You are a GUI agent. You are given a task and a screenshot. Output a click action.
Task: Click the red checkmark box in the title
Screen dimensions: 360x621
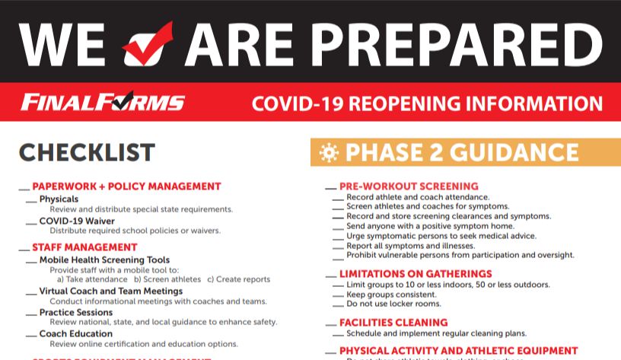148,43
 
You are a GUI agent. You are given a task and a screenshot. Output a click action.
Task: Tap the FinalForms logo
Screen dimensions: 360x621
103,103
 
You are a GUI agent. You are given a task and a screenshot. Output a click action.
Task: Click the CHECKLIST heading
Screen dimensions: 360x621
87,152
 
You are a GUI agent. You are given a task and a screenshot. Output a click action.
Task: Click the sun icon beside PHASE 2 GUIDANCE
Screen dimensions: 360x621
328,153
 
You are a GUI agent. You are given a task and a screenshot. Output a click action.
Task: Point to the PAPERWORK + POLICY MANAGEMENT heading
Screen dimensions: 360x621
126,186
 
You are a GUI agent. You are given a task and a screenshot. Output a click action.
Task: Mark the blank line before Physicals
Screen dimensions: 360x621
30,200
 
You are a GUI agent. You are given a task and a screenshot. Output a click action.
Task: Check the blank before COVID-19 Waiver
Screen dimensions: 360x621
30,222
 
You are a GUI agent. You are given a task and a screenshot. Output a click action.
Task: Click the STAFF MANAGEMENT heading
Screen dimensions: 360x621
84,247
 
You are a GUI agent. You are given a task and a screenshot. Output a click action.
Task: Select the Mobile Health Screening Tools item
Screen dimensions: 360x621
104,260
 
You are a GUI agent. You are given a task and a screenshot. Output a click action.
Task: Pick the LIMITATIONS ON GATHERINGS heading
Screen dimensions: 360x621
416,274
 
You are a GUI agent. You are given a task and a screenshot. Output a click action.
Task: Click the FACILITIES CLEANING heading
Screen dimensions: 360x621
393,323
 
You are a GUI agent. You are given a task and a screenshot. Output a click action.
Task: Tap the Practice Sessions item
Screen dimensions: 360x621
77,313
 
